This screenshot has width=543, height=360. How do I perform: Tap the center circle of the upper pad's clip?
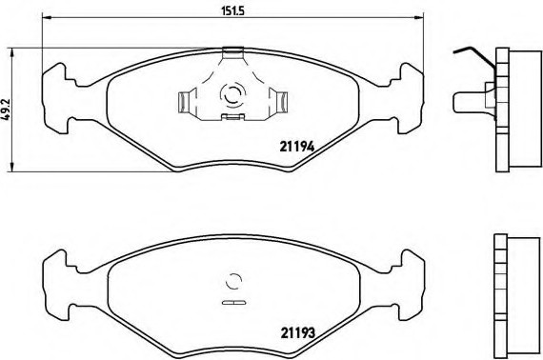tap(231, 95)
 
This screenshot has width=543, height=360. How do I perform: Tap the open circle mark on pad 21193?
tap(231, 282)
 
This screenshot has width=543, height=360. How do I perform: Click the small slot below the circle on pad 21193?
tap(231, 303)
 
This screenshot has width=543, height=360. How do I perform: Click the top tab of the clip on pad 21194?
tap(231, 52)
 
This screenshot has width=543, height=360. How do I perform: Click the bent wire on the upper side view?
tap(470, 53)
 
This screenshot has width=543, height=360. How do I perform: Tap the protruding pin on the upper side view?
tap(467, 99)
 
